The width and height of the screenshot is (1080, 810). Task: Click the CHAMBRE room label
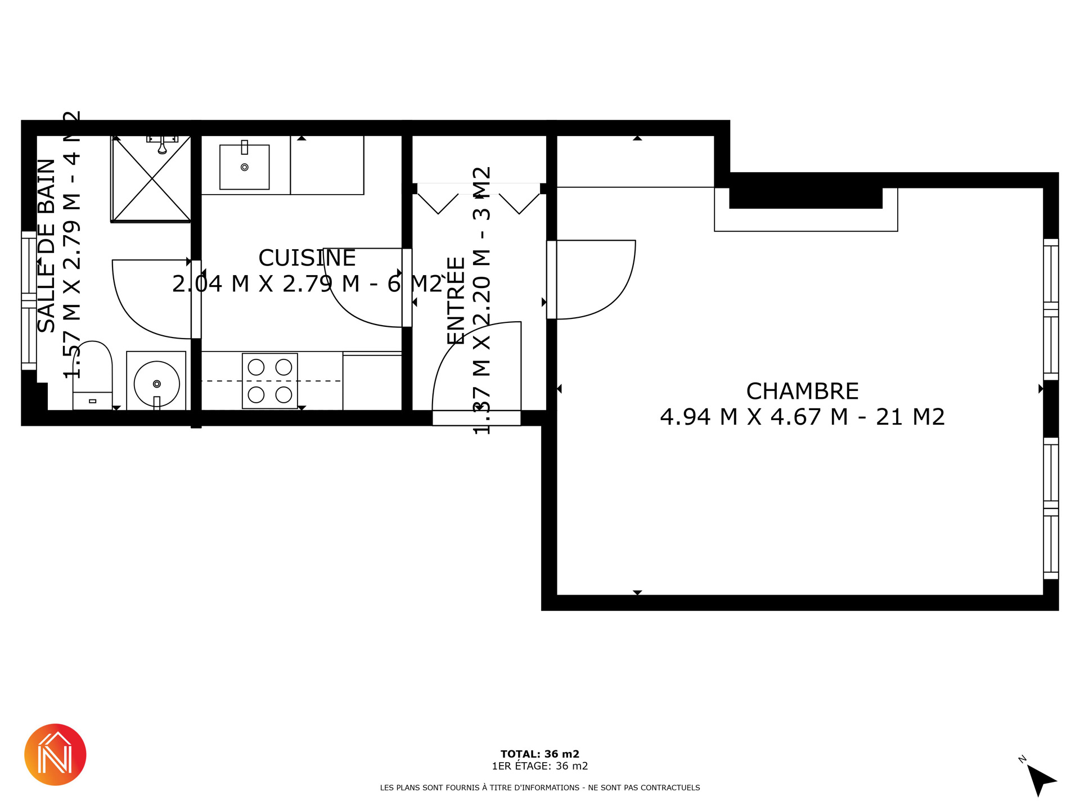(802, 391)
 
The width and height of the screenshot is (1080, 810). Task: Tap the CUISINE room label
(307, 258)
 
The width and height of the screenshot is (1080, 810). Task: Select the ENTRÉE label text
(456, 301)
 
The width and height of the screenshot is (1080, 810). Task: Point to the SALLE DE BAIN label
(46, 246)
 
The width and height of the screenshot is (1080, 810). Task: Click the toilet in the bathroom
(92, 375)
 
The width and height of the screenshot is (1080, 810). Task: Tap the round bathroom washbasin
(157, 384)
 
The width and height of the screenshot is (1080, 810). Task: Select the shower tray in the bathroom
(151, 179)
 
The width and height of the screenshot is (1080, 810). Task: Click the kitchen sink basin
(244, 166)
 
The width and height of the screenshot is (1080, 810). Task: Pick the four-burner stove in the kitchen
(270, 381)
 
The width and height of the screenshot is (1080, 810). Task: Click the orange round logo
(55, 754)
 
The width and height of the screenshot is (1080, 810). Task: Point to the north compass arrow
(1041, 780)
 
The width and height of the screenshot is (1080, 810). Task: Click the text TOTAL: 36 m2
(540, 754)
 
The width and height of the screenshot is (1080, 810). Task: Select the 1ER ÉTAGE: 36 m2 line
(540, 766)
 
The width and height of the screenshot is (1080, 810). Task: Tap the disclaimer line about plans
(540, 787)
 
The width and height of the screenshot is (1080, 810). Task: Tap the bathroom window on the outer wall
(29, 300)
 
